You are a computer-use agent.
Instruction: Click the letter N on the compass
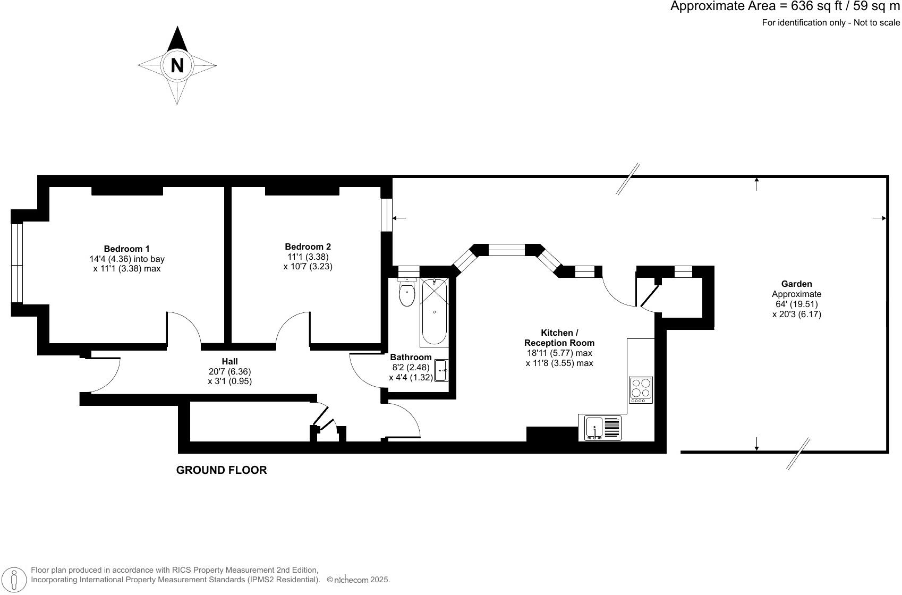coord(177,65)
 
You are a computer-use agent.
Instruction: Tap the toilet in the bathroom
coord(407,294)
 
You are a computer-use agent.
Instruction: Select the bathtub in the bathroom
coord(435,312)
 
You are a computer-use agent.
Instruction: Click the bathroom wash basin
coord(442,370)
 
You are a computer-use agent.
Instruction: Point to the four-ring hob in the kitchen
coord(641,389)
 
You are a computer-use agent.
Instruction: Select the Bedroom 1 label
coord(126,249)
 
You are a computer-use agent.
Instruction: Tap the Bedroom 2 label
coord(308,246)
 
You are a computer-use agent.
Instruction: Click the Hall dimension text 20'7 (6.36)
coord(229,372)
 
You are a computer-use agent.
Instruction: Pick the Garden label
coord(796,284)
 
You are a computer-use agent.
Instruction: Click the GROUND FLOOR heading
coord(222,470)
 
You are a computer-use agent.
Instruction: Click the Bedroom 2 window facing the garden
coord(387,214)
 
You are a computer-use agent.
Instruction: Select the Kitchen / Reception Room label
coord(559,338)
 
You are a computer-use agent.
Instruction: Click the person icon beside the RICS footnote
coord(14,579)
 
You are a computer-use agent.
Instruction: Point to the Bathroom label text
coord(411,357)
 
